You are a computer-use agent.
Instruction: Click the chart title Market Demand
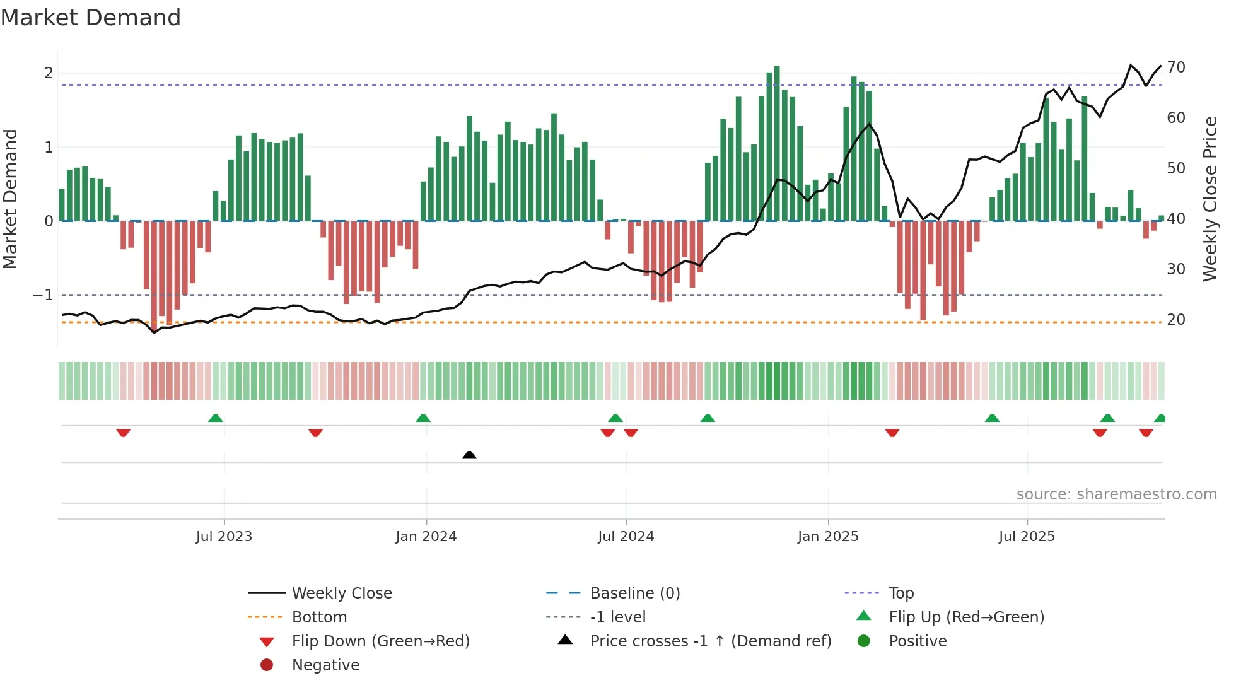pos(91,18)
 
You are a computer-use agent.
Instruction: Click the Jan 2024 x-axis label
pos(426,536)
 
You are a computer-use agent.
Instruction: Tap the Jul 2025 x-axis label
pos(1027,536)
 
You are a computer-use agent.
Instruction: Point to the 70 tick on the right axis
pos(1176,67)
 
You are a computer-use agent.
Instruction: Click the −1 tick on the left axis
pos(43,295)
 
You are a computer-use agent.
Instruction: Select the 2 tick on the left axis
pos(49,73)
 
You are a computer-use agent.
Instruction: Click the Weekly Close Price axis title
pos(1210,199)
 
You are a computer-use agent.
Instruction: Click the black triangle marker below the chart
pos(469,455)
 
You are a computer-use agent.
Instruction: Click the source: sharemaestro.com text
pos(1116,494)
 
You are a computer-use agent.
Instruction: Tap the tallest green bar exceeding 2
pos(777,143)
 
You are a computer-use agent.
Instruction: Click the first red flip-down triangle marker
pos(124,433)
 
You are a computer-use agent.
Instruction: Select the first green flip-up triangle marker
pos(216,418)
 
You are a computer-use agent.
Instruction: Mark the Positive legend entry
pos(918,641)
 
